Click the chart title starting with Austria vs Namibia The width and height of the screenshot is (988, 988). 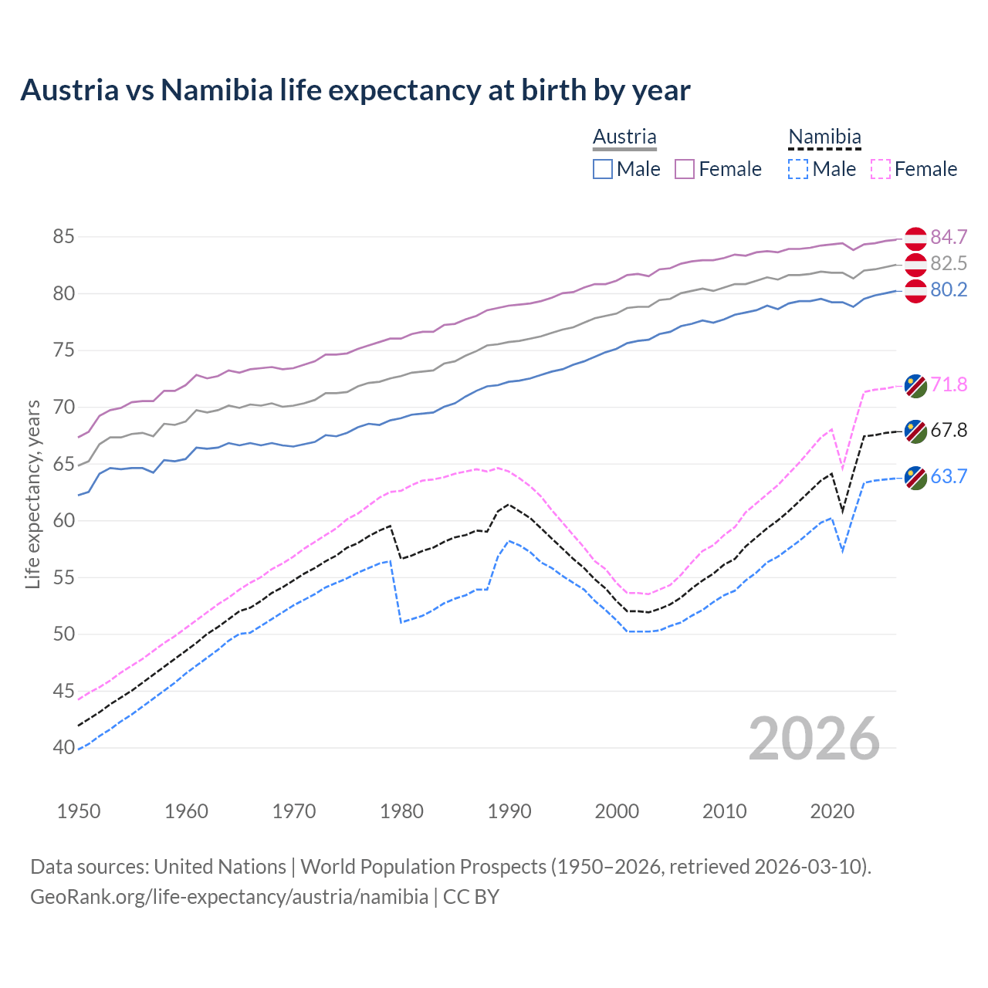click(x=355, y=90)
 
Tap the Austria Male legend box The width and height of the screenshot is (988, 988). click(x=603, y=169)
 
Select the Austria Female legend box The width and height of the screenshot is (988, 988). click(x=685, y=169)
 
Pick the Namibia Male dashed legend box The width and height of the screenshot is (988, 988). click(x=798, y=169)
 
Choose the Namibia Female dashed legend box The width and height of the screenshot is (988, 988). click(x=880, y=169)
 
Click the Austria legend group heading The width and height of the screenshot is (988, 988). click(x=624, y=137)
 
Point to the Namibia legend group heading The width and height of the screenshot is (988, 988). click(x=824, y=137)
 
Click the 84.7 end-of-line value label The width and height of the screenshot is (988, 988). click(x=949, y=237)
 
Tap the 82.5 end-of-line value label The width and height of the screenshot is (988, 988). click(x=949, y=263)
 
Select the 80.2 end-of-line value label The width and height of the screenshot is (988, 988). click(x=949, y=289)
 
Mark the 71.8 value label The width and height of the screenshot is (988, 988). click(x=949, y=384)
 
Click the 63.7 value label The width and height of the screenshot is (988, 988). click(x=949, y=476)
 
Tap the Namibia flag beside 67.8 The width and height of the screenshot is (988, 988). click(x=915, y=431)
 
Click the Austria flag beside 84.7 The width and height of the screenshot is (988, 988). click(x=915, y=239)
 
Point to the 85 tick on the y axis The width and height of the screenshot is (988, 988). click(x=63, y=236)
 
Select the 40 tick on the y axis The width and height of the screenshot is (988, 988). click(x=63, y=747)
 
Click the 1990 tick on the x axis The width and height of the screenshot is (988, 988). click(x=509, y=811)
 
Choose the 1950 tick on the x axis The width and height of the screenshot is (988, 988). click(x=79, y=811)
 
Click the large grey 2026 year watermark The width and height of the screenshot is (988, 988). click(x=814, y=739)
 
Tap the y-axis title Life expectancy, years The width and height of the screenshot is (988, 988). click(x=33, y=494)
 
